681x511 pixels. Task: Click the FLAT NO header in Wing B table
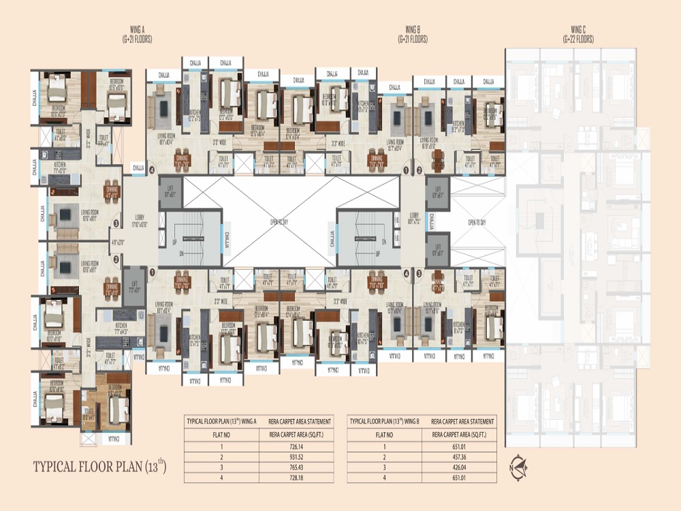pyautogui.click(x=385, y=433)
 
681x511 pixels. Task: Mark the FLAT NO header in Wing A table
pyautogui.click(x=222, y=433)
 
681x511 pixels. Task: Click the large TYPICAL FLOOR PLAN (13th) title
pyautogui.click(x=99, y=467)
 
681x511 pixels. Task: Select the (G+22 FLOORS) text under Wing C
pyautogui.click(x=578, y=40)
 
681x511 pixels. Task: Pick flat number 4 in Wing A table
pyautogui.click(x=222, y=478)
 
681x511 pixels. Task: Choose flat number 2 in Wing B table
pyautogui.click(x=385, y=456)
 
